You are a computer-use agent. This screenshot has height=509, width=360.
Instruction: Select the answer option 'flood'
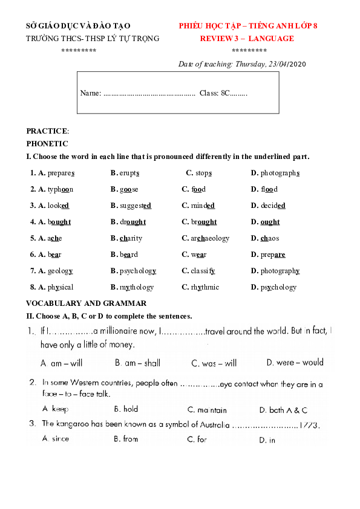click(270, 189)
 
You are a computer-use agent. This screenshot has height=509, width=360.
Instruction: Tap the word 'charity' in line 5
click(131, 238)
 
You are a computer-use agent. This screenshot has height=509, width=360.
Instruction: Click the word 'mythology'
click(137, 287)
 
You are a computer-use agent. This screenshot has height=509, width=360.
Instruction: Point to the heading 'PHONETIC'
click(47, 144)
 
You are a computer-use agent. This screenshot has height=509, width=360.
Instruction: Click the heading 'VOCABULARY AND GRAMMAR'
click(86, 303)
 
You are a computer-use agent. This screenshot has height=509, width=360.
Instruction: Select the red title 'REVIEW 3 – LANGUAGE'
click(247, 38)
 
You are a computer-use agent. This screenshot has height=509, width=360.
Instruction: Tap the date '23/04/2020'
click(287, 63)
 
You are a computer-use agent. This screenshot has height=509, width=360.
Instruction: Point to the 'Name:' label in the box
click(90, 93)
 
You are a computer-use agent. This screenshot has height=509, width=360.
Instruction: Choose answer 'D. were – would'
click(295, 363)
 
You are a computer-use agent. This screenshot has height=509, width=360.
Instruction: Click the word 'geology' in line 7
click(60, 271)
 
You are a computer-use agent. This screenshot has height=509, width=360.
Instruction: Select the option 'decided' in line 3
click(272, 206)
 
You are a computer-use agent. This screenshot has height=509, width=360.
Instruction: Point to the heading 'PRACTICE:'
click(48, 131)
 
